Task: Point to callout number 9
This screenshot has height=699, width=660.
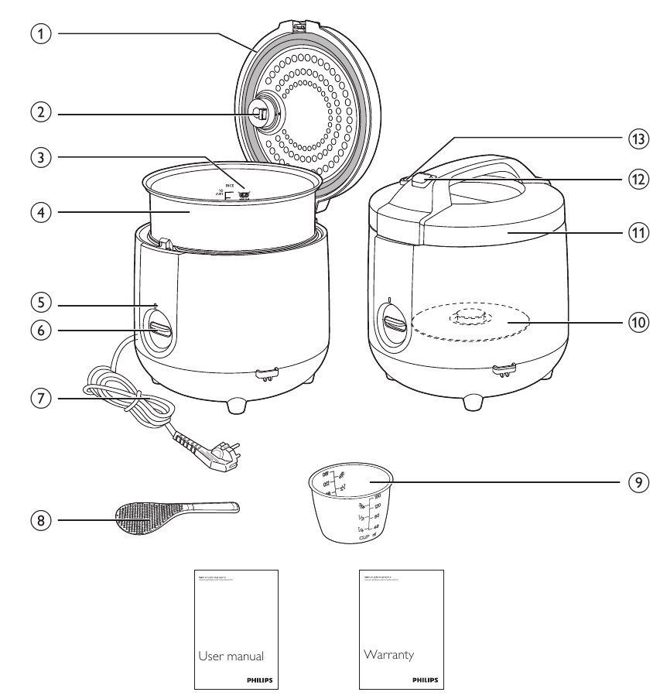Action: tap(635, 481)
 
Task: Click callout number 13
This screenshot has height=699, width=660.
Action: tap(635, 139)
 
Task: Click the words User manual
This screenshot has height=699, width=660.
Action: tap(231, 656)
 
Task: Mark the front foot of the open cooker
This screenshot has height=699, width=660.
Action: tap(238, 404)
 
